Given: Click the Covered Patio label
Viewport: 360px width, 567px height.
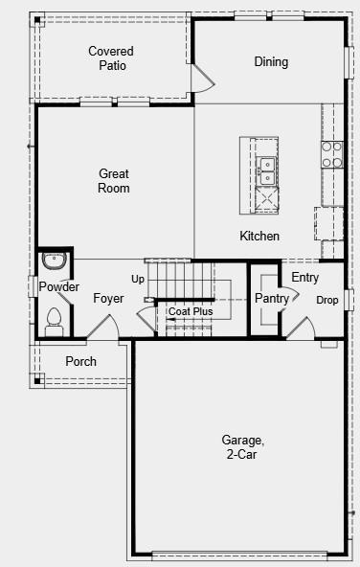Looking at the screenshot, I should [111, 57].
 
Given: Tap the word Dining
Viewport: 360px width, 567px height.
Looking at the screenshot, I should [271, 62].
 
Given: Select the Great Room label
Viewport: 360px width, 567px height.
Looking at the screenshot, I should [114, 181].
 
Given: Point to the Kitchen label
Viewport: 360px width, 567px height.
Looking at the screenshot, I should [259, 236].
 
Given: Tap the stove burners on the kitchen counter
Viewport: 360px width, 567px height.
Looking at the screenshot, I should [332, 155].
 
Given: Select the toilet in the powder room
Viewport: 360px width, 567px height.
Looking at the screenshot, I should [55, 317].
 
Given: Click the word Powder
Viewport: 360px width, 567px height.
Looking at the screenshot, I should [58, 287].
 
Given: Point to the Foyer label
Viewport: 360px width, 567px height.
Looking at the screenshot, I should [108, 299].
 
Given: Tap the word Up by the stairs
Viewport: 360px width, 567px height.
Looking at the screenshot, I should [138, 280].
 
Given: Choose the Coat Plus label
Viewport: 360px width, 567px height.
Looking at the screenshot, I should [191, 311].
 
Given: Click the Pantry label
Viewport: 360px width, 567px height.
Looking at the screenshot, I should [272, 299].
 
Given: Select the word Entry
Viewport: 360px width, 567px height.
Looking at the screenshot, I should [305, 278].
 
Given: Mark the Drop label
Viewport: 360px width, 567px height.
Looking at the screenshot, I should [327, 300].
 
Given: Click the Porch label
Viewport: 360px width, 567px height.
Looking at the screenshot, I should [80, 361].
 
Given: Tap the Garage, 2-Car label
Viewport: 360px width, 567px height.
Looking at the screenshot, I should [243, 447].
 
